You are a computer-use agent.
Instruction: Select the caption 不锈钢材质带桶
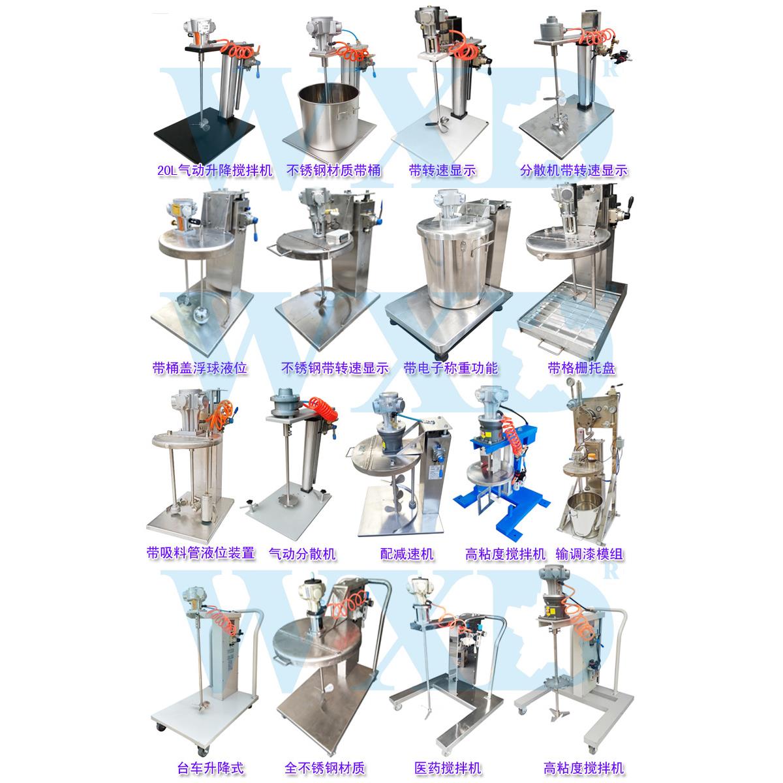click(334, 171)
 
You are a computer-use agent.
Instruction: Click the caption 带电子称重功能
click(450, 368)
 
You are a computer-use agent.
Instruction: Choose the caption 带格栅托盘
click(581, 368)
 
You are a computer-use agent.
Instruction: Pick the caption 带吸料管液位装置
click(200, 554)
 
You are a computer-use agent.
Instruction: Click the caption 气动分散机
click(302, 554)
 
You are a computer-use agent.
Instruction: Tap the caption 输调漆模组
click(589, 554)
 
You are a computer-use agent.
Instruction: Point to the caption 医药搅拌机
click(447, 768)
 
